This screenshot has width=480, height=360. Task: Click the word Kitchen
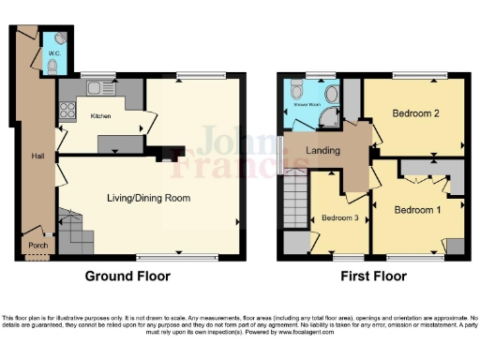pos(101,116)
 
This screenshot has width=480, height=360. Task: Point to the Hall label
pos(37,156)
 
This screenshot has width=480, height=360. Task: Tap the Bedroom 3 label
pos(341,217)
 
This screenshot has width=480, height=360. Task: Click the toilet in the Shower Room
pos(296,91)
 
